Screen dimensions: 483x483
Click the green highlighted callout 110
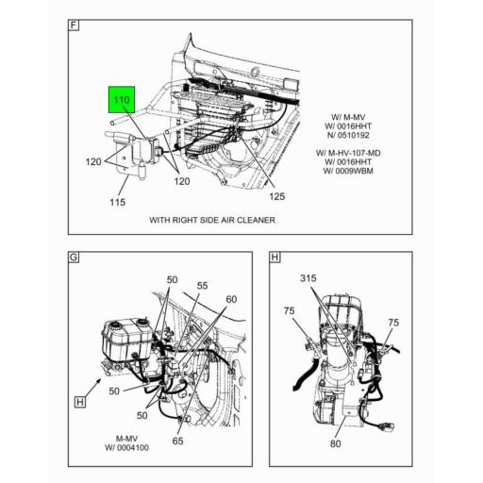pyautogui.click(x=122, y=100)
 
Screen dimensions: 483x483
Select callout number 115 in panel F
pyautogui.click(x=118, y=202)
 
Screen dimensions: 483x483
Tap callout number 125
pyautogui.click(x=276, y=196)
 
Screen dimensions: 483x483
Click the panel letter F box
pyautogui.click(x=74, y=25)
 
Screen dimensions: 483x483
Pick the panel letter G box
pyautogui.click(x=74, y=257)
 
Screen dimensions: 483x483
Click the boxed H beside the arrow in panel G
pyautogui.click(x=80, y=402)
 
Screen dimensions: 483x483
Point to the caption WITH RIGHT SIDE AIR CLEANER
pyautogui.click(x=212, y=220)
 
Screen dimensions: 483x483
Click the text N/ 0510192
pyautogui.click(x=348, y=135)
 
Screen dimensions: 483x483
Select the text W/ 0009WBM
pyautogui.click(x=348, y=171)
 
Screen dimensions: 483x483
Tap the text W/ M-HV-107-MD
pyautogui.click(x=348, y=153)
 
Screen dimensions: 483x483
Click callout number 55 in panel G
pyautogui.click(x=202, y=286)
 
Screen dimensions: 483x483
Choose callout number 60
pyautogui.click(x=231, y=299)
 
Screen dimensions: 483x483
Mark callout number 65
pyautogui.click(x=177, y=441)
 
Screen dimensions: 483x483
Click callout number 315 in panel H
pyautogui.click(x=308, y=278)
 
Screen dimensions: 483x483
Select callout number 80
pyautogui.click(x=335, y=443)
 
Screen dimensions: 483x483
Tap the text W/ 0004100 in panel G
pyautogui.click(x=126, y=447)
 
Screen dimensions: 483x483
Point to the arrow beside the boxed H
pyautogui.click(x=92, y=388)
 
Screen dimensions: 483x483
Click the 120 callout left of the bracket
pyautogui.click(x=93, y=161)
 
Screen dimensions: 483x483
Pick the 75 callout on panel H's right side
pyautogui.click(x=393, y=323)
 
